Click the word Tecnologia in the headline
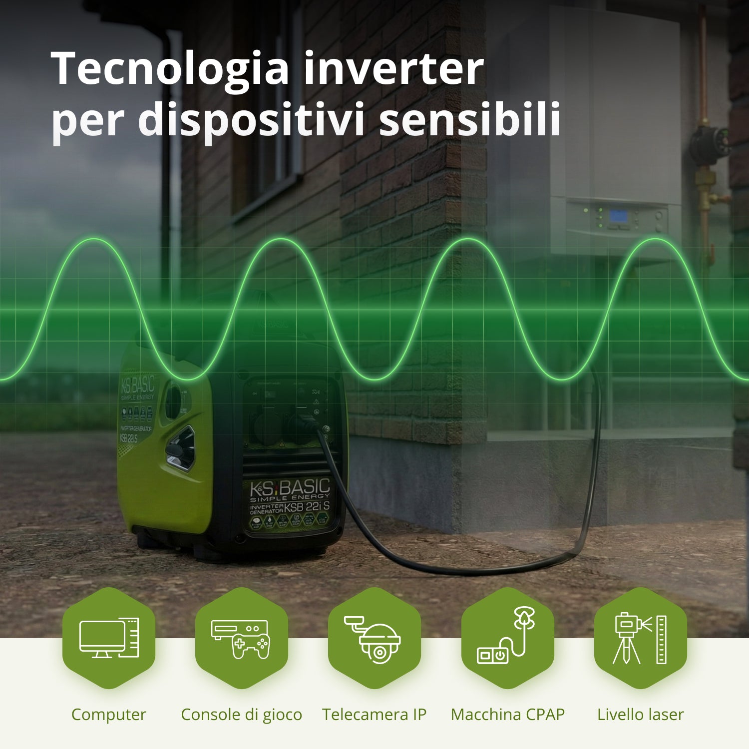point(170,70)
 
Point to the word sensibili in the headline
point(470,120)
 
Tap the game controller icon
point(250,644)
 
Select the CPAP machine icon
point(506,637)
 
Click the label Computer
point(109,715)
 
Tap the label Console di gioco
point(241,715)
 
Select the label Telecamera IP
point(374,715)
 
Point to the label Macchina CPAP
point(507,715)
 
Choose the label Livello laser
point(640,715)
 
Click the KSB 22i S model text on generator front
point(307,506)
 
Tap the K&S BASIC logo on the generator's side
point(137,385)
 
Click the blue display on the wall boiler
point(618,216)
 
